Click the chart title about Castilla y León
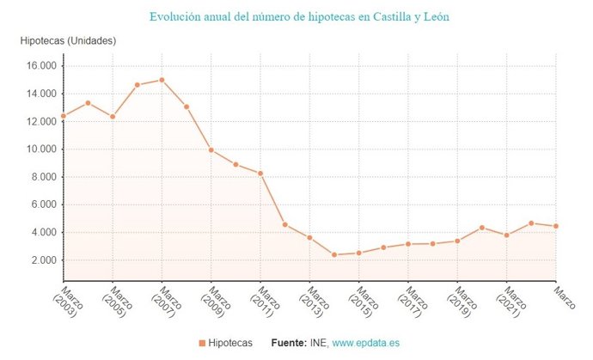299,16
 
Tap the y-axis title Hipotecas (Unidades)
68,41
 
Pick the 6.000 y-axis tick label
41,204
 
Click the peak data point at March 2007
162,80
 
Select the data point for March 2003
63,116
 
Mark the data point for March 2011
260,174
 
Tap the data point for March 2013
309,237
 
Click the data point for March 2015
359,253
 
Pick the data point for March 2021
507,235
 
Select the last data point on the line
556,226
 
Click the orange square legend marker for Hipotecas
202,343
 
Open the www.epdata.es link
366,343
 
